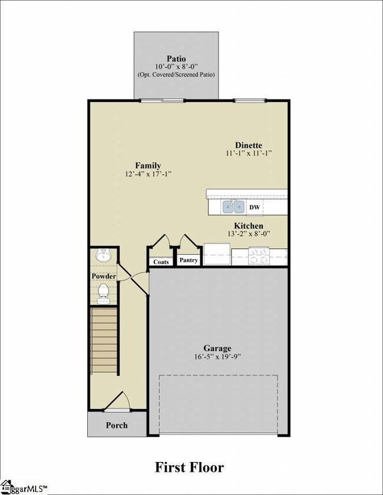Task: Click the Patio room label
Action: (x=176, y=59)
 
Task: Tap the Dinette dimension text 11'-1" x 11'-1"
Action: (x=249, y=153)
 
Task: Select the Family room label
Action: (x=148, y=165)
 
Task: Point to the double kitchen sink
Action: (x=233, y=207)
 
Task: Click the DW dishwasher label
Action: (x=255, y=207)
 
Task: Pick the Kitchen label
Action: (x=249, y=226)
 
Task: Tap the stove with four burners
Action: (x=259, y=256)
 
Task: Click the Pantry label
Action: (x=189, y=260)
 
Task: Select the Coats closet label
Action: (x=161, y=262)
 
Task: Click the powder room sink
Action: (x=103, y=255)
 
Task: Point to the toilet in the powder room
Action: (x=103, y=294)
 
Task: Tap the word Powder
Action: (x=104, y=276)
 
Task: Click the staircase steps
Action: (x=104, y=341)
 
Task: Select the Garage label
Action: (x=217, y=348)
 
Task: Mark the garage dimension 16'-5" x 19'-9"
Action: (x=218, y=357)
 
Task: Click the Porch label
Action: (x=117, y=425)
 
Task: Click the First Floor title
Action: (x=189, y=467)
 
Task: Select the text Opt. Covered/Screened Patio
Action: (x=176, y=75)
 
